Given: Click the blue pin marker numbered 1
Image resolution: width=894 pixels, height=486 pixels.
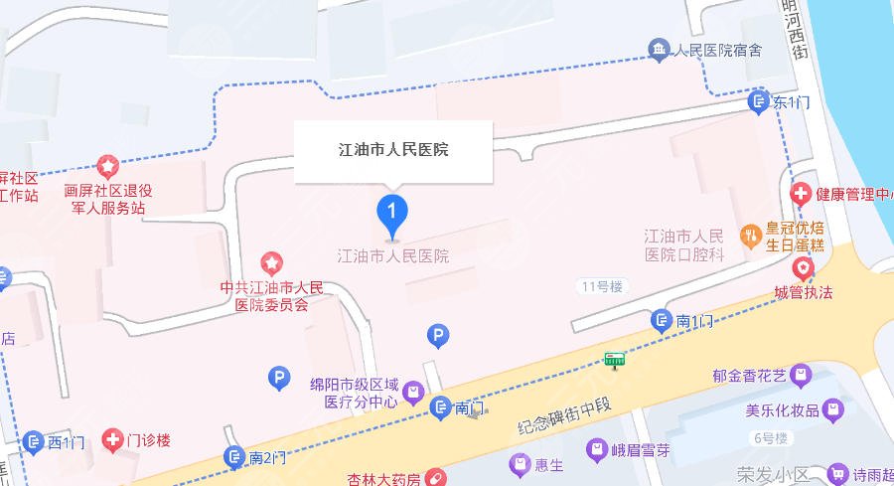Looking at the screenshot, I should point(393,212).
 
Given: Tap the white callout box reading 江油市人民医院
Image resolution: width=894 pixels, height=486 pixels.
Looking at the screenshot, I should point(393,151).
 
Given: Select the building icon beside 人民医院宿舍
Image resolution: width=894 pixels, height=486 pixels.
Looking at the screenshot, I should point(658,49).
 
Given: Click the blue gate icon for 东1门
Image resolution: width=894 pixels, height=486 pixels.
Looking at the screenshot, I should point(759,101).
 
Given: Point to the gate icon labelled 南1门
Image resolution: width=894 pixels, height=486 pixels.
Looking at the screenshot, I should point(662,320).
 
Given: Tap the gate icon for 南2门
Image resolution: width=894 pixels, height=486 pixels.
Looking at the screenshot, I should point(234,457).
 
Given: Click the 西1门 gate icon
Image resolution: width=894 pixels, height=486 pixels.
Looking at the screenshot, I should point(34,441).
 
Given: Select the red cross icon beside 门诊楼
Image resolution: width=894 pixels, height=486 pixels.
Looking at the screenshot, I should point(112,439).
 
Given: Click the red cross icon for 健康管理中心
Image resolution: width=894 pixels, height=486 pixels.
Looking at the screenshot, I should point(800,193).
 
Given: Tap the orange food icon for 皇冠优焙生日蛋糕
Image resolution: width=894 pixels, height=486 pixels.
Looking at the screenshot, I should point(752,236).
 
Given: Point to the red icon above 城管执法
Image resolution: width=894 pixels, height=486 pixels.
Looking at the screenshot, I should point(802,267).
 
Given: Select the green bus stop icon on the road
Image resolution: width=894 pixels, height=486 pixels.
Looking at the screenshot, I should point(616,358).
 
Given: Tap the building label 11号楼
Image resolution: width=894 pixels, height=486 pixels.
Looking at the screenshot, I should point(601,286).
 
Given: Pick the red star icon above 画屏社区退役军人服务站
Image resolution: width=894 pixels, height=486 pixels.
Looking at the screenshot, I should point(105,165).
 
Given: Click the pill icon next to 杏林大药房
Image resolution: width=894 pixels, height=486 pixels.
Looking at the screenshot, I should point(434,479).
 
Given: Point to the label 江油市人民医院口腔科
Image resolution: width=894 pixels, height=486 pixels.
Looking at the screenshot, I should point(684,245).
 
